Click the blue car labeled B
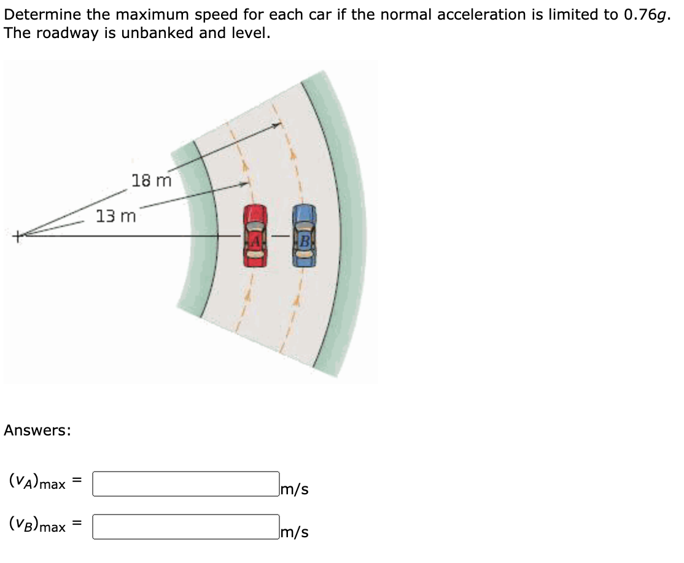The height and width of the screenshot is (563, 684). (x=305, y=236)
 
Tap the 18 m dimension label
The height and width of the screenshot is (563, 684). (x=151, y=181)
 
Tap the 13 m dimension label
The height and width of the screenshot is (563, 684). (x=116, y=216)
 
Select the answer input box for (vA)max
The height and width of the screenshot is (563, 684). (x=186, y=484)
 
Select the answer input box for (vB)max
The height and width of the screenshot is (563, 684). (x=186, y=527)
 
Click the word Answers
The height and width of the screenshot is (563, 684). (x=37, y=431)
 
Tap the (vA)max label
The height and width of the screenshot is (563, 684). (x=37, y=483)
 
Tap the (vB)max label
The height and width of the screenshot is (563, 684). (x=37, y=526)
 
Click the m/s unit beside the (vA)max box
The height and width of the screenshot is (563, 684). (x=294, y=489)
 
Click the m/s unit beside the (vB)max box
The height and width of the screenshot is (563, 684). (x=294, y=532)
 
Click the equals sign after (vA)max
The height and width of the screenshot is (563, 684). (x=77, y=483)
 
